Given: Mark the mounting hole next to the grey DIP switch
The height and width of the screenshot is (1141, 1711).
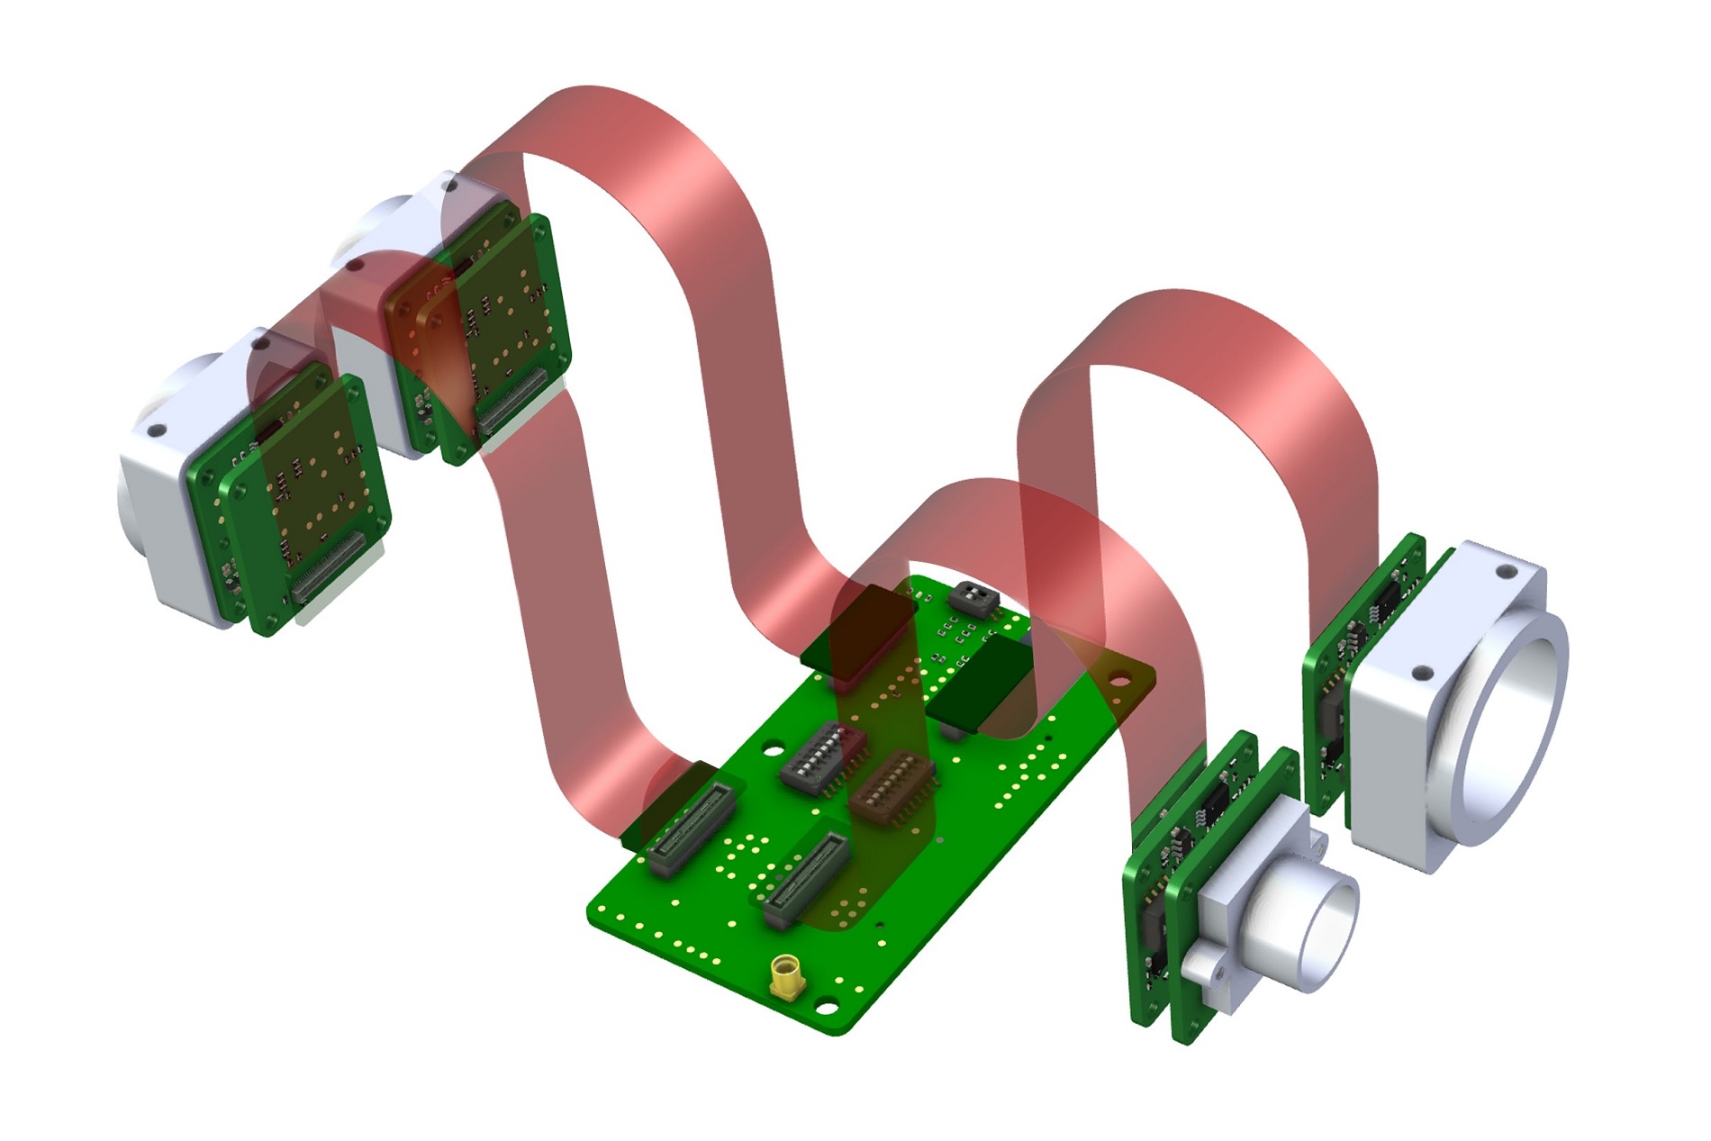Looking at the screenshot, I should tap(773, 747).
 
